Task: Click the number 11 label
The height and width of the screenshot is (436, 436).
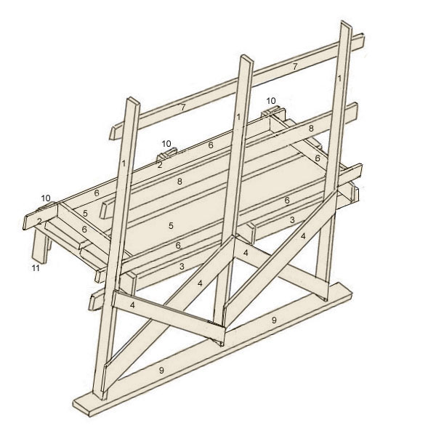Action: point(35,269)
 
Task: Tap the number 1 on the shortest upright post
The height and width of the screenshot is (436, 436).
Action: point(124,164)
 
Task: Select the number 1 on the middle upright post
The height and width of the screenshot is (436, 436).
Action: point(238,116)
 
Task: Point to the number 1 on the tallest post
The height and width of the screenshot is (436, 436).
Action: point(339,78)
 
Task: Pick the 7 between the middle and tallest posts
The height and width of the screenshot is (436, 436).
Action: point(294,67)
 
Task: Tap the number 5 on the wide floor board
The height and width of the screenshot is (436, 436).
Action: point(171,226)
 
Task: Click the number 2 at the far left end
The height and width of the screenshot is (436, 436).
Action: point(39,221)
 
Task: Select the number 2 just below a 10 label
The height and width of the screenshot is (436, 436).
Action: point(159,165)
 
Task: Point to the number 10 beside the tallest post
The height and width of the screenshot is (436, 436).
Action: point(271,100)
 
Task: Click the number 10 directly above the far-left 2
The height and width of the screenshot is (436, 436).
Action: point(46,198)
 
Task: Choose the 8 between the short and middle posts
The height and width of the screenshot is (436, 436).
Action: point(179,182)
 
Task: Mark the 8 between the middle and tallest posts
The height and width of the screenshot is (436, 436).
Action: point(310,129)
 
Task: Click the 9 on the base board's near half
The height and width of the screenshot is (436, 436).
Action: point(161,371)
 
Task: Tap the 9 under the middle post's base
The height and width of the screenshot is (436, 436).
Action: point(273,320)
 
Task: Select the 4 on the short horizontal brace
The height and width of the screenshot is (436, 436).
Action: point(132,306)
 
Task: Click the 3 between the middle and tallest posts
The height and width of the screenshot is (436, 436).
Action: point(291,219)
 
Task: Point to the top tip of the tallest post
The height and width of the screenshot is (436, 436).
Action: point(345,25)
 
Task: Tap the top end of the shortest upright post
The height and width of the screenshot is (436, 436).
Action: point(132,100)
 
